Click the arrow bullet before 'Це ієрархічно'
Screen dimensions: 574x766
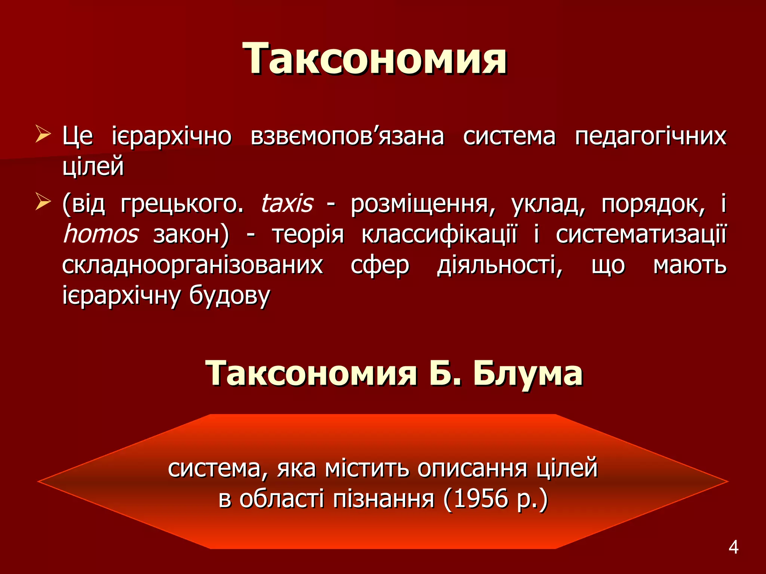pos(43,135)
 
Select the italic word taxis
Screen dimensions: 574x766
pos(286,204)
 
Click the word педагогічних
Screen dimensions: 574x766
pos(650,136)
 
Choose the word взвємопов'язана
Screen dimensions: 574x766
pos(347,136)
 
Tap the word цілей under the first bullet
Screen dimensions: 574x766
pos(93,167)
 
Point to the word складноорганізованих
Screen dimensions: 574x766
pos(192,266)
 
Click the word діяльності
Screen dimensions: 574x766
pos(500,266)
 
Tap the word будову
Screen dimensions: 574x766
pos(229,296)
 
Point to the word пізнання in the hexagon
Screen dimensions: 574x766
pos(383,499)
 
